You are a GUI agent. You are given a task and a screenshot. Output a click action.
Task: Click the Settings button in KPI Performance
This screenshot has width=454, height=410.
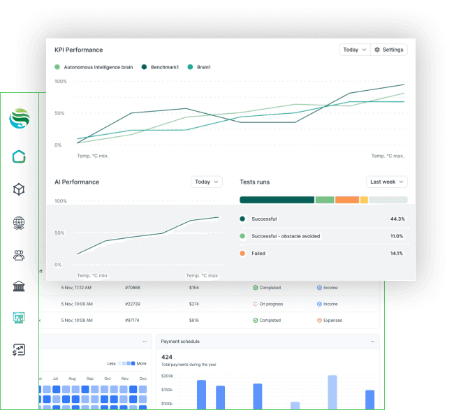388,50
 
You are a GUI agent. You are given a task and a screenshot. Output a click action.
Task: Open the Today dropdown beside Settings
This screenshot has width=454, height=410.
354,50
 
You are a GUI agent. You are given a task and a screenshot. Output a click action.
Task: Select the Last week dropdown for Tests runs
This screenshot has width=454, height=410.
386,182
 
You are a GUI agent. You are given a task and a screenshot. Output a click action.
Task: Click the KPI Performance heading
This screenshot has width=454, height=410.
79,50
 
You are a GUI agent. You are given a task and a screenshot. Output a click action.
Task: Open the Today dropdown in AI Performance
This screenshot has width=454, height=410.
206,182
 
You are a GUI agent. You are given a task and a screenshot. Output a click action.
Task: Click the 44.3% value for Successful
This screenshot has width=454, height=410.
397,219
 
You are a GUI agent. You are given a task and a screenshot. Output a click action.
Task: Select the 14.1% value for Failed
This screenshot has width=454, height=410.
397,253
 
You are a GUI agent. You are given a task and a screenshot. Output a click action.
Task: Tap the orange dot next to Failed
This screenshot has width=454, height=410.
242,253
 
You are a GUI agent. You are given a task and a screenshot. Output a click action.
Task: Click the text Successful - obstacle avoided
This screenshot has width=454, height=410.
286,236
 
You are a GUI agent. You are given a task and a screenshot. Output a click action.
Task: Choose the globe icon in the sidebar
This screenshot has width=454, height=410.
19,224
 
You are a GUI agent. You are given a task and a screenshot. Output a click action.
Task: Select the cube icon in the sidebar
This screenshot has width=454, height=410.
19,189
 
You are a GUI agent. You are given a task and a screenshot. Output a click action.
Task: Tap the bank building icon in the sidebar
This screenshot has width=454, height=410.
19,286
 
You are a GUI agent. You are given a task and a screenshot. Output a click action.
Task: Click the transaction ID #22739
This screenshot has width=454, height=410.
133,304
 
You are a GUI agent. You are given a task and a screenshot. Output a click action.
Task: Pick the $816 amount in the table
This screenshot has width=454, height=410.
194,320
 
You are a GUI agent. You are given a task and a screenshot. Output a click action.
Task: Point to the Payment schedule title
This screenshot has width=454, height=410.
180,341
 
